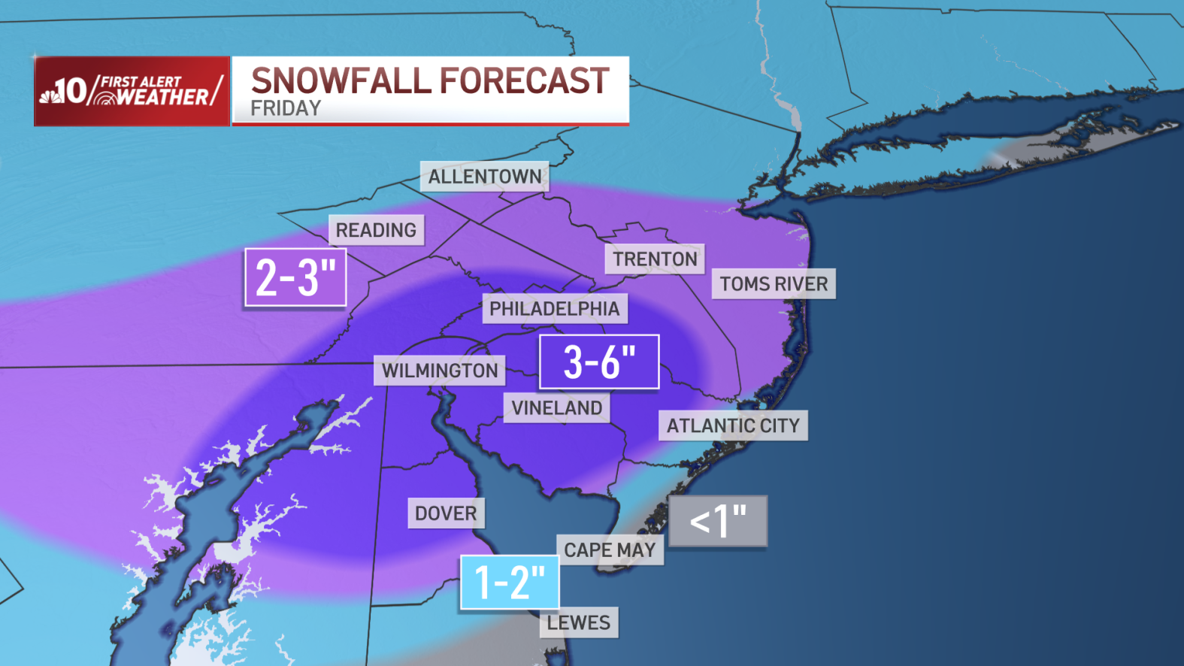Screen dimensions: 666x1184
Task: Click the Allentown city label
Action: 485,177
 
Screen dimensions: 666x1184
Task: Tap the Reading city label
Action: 376,230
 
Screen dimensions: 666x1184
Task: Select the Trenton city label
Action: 655,259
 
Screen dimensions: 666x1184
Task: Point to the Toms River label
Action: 774,284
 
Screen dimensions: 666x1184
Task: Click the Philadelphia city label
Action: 554,309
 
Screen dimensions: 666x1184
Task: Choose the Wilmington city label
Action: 440,371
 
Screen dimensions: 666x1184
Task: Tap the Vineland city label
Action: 556,408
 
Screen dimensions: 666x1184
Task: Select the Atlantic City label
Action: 733,425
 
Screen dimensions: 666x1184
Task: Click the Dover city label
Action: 446,513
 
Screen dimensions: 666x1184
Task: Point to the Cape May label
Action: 610,550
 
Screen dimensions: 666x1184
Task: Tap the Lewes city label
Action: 578,622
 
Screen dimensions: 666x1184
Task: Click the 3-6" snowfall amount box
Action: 599,362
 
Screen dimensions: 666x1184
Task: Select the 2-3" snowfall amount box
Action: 295,277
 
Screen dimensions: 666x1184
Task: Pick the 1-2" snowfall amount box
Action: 510,582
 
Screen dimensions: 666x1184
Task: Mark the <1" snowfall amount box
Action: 718,520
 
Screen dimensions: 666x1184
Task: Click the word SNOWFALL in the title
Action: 341,80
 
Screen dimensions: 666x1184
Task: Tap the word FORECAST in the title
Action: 525,80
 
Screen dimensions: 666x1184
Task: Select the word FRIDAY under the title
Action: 286,109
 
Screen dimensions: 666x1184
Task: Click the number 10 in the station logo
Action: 72,92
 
